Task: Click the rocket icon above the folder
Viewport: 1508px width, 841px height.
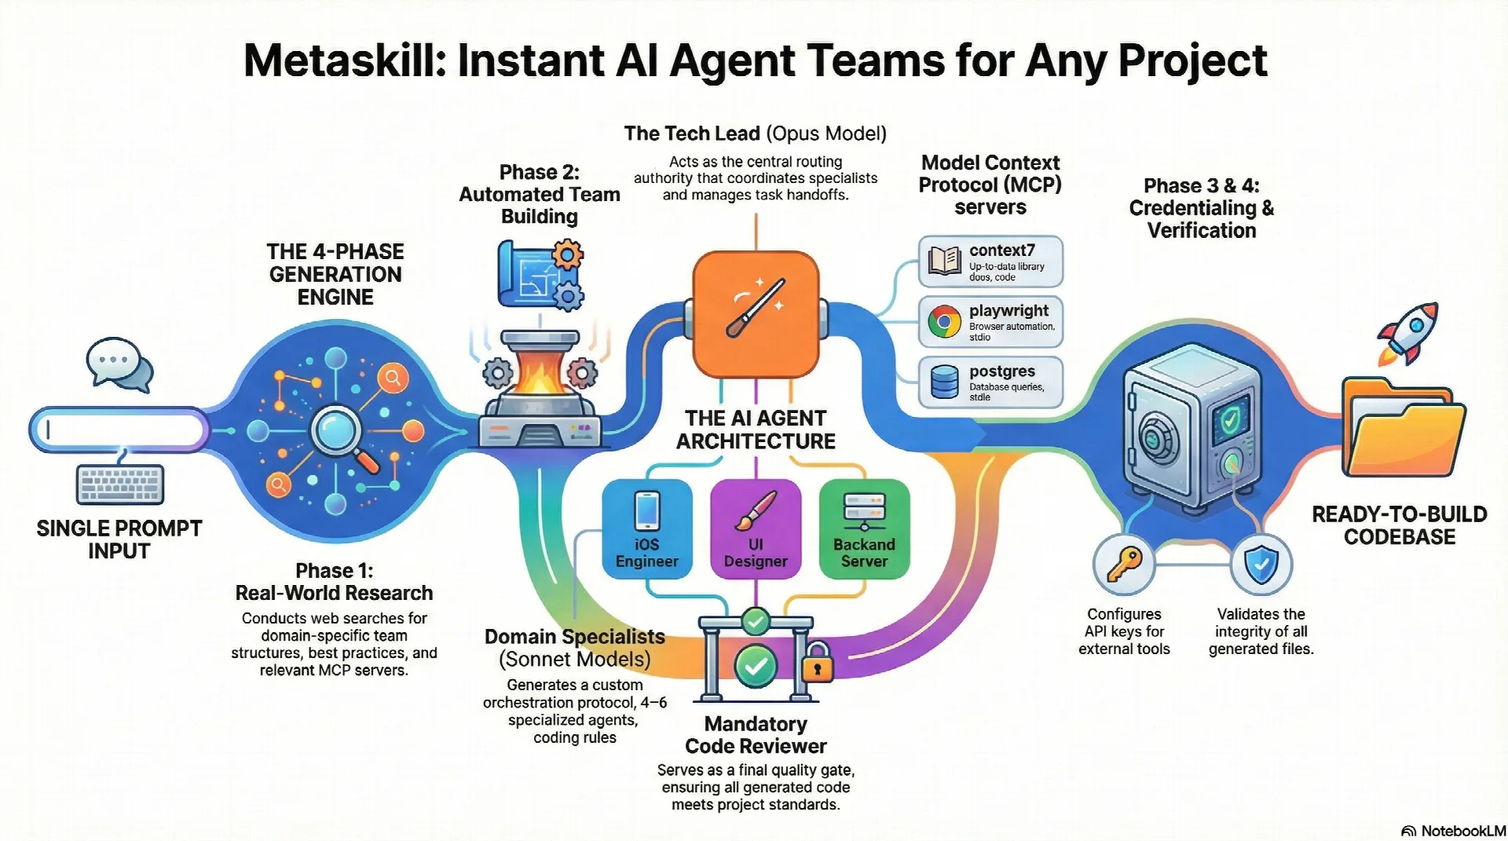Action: (x=1408, y=334)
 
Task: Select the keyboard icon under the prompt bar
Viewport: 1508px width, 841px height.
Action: (x=121, y=484)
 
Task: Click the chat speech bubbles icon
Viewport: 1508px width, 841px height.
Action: (x=119, y=364)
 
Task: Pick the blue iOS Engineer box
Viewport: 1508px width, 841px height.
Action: (x=647, y=528)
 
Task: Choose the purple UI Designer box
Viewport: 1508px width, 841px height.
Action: (x=756, y=528)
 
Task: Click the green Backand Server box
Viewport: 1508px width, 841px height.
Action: (x=864, y=528)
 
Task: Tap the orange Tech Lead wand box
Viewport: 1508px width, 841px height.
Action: (x=756, y=313)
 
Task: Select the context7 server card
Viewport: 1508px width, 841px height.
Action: (x=990, y=261)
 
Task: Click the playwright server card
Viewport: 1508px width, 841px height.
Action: (x=990, y=322)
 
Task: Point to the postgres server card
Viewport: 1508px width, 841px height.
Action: (x=990, y=382)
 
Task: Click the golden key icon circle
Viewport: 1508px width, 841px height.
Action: (x=1124, y=565)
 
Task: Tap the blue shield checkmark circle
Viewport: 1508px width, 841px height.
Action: (x=1261, y=565)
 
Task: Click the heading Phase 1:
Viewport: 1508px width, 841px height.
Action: (x=334, y=570)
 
